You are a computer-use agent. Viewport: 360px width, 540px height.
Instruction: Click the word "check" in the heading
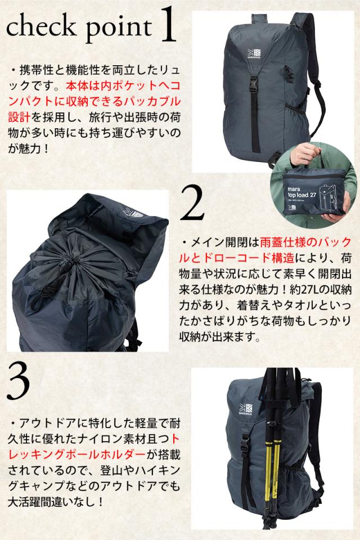tap(41, 27)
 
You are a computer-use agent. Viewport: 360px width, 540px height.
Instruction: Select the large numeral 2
tap(192, 202)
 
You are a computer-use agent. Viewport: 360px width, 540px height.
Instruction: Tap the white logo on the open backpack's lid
tap(133, 213)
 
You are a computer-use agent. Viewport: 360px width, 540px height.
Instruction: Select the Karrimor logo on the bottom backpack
tap(245, 408)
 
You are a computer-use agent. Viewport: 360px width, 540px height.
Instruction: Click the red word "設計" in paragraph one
tap(19, 117)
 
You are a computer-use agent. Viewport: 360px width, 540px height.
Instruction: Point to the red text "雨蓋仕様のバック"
tap(306, 242)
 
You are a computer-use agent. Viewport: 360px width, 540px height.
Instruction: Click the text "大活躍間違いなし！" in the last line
tap(56, 501)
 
